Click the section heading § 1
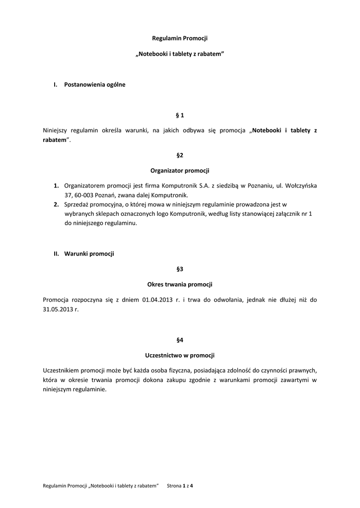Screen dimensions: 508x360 [x=180, y=115]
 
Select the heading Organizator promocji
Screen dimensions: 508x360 [x=180, y=170]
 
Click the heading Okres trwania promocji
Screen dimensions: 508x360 [x=180, y=284]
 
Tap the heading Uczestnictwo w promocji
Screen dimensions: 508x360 [x=180, y=355]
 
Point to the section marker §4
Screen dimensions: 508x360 [x=180, y=340]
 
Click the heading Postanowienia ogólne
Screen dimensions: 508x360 [x=95, y=85]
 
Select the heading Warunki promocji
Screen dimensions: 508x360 [x=89, y=254]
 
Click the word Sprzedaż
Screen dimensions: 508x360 [x=77, y=204]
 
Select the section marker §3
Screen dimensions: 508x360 [x=180, y=269]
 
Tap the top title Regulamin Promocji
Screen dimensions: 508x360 [x=180, y=38]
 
